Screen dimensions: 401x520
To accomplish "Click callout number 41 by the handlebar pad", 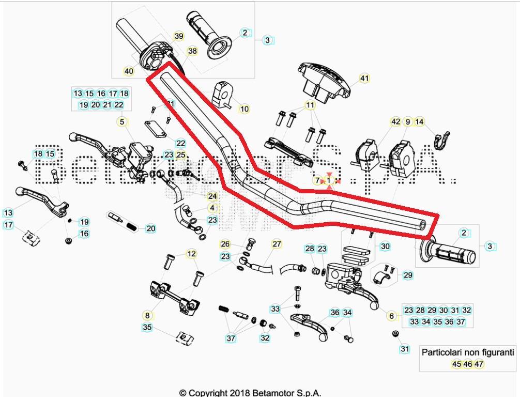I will [x=365, y=79].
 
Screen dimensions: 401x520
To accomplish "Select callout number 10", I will [x=244, y=109].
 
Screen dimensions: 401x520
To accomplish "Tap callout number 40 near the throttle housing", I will [x=129, y=71].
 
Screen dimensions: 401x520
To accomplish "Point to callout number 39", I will [x=179, y=36].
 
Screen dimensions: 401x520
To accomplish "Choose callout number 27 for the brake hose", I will [x=277, y=244].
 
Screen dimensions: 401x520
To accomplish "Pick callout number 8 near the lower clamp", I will [x=147, y=315].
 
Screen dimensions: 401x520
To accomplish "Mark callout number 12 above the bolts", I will [x=192, y=254].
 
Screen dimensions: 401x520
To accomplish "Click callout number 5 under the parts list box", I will [x=122, y=122].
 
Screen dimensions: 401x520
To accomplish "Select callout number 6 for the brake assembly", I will [x=391, y=316].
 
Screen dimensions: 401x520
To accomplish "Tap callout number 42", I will [x=395, y=122].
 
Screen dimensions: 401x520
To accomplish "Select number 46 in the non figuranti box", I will [x=468, y=364].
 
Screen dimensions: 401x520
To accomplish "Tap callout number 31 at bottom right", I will [x=405, y=349].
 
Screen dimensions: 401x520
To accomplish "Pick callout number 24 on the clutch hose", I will [x=212, y=196].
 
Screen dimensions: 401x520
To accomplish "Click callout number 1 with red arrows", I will [x=329, y=180].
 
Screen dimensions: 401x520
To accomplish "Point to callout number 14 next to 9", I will [x=420, y=122].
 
